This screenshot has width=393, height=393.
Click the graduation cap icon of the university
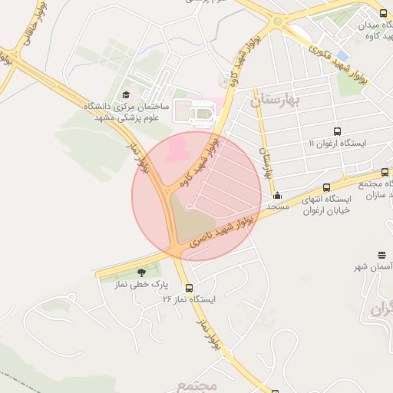pos(125,94)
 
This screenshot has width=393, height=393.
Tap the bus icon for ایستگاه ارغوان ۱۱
pos(337,131)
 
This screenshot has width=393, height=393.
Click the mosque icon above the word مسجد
pos(277,195)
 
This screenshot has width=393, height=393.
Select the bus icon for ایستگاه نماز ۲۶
pos(190,288)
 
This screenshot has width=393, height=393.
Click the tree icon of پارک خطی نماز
pos(140,272)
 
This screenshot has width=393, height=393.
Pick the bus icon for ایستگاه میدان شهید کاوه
pos(383,13)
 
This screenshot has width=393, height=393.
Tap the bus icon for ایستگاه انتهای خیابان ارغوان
pos(327,187)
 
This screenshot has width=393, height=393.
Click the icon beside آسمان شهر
pos(382,255)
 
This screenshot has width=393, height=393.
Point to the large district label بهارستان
pos(278,100)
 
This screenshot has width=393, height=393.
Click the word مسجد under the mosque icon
pos(276,206)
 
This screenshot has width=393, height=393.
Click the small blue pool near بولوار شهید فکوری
pos(342,56)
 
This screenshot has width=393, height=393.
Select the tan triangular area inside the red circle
pos(187,219)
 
